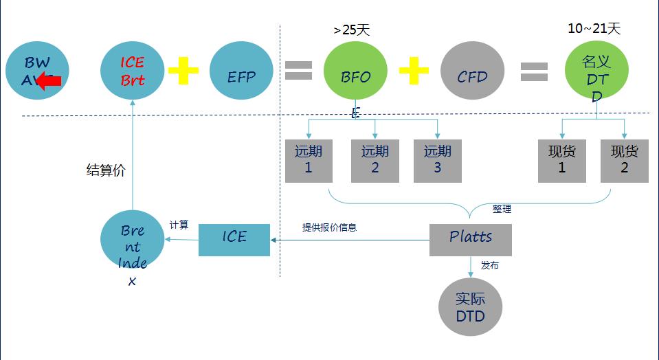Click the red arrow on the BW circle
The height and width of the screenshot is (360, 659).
[x=48, y=82]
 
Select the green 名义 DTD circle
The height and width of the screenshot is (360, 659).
[x=596, y=72]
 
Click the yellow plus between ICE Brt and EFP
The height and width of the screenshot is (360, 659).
[x=183, y=70]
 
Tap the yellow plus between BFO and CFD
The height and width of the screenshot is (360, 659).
[x=414, y=70]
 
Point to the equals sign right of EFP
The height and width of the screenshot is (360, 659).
[x=298, y=70]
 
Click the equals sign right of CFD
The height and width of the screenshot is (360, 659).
[x=534, y=71]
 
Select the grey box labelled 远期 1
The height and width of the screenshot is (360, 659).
[x=309, y=161]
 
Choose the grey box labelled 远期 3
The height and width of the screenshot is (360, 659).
[x=438, y=161]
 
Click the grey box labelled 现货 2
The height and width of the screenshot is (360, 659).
[x=624, y=161]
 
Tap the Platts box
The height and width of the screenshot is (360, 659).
[x=471, y=239]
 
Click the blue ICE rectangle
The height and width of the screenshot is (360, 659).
[x=234, y=239]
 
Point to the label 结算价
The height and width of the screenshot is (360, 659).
[x=106, y=171]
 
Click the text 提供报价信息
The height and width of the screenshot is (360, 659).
[x=330, y=227]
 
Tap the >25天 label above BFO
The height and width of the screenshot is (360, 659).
[x=351, y=30]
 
